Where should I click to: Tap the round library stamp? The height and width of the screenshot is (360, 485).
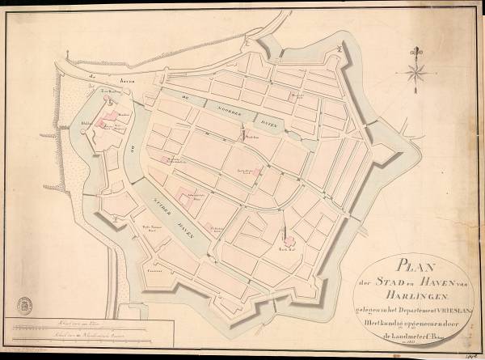click(x=25, y=304)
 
